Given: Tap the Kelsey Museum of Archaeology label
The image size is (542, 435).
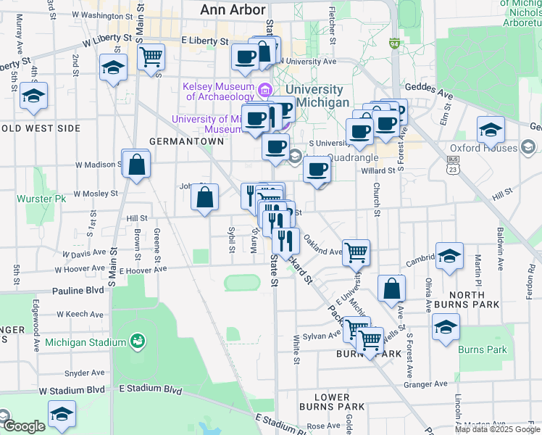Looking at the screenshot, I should pyautogui.click(x=217, y=91).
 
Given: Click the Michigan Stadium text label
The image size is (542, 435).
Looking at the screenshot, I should pyautogui.click(x=86, y=342).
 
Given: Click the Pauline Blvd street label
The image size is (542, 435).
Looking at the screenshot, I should pyautogui.click(x=78, y=290).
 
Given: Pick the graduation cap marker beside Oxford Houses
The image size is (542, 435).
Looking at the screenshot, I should pyautogui.click(x=491, y=130).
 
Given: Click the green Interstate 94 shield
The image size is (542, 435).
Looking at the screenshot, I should pyautogui.click(x=393, y=44).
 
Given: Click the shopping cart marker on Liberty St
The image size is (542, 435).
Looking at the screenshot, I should pyautogui.click(x=151, y=56).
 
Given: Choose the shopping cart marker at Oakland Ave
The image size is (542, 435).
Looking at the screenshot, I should pyautogui.click(x=356, y=252).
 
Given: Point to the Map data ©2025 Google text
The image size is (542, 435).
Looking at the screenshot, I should pyautogui.click(x=498, y=429).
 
